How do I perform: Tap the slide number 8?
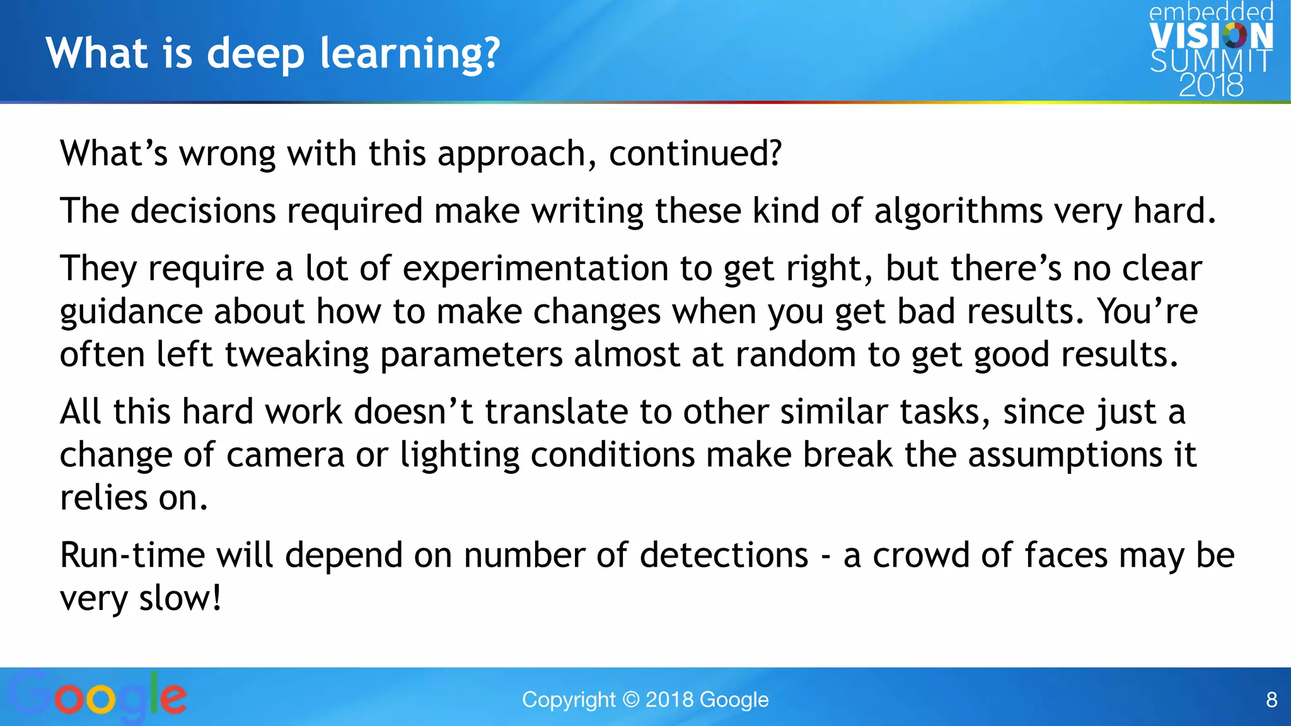(x=1271, y=700)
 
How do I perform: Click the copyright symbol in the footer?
(x=630, y=700)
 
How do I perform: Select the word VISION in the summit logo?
(x=1211, y=37)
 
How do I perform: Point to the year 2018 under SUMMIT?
(x=1211, y=85)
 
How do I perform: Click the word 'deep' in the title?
(x=255, y=53)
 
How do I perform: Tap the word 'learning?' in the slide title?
(x=410, y=53)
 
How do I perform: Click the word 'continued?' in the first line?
(x=695, y=153)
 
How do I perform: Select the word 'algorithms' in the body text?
(x=958, y=210)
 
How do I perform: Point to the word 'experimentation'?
(x=535, y=268)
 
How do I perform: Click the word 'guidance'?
(x=130, y=311)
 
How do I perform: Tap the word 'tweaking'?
(x=296, y=354)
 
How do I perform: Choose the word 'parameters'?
(x=471, y=354)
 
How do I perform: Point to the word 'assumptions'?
(x=1065, y=454)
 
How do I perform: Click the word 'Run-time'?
(x=132, y=555)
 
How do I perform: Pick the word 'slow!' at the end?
(x=180, y=598)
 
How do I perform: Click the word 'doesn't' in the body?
(x=413, y=412)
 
